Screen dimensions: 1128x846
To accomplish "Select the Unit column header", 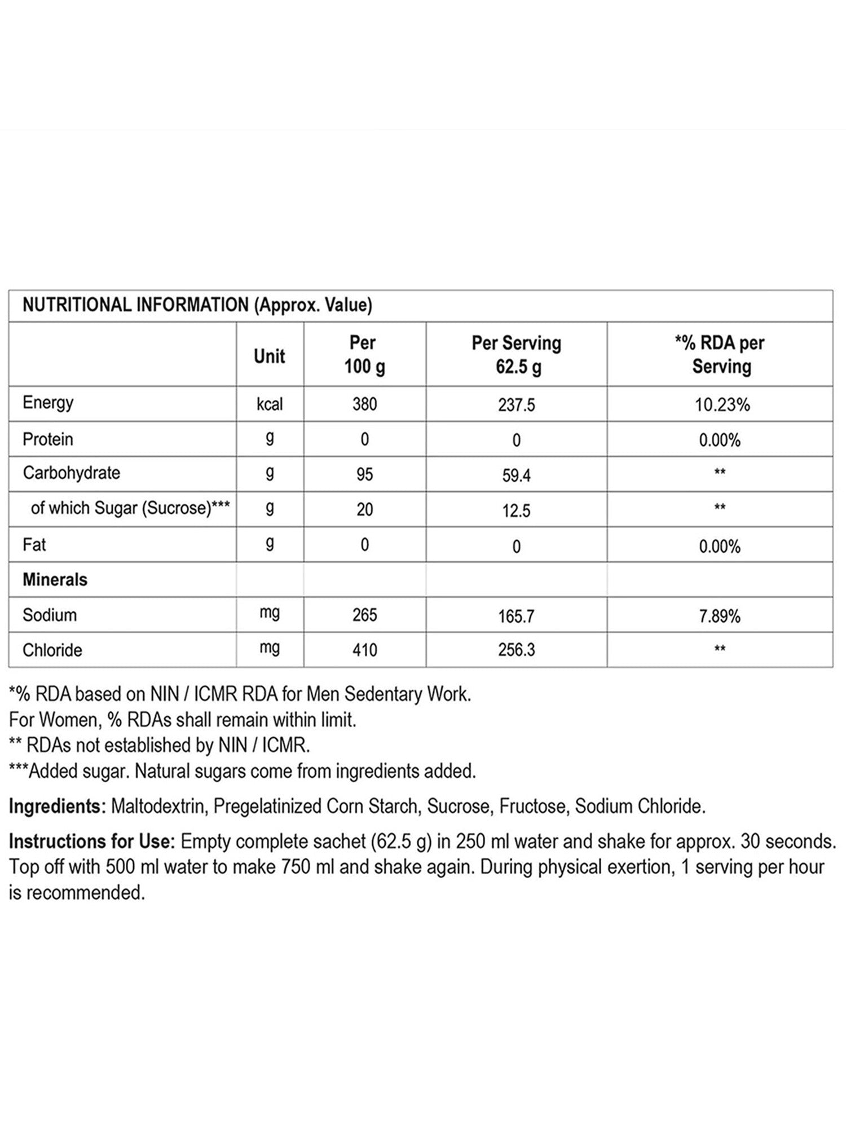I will [x=270, y=356].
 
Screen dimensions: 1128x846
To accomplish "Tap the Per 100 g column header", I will [x=364, y=355].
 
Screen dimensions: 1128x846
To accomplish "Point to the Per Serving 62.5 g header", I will [x=516, y=355].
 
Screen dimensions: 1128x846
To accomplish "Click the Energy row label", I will [x=48, y=403].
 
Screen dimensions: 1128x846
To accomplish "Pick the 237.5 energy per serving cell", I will [x=516, y=405].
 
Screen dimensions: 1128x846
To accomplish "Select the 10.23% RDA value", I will [x=722, y=405].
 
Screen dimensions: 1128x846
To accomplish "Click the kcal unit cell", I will [x=270, y=404].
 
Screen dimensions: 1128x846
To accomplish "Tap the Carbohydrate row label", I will [x=71, y=473].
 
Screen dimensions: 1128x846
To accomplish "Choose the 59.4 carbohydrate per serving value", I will [x=516, y=475].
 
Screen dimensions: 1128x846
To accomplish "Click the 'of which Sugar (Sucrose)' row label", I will [x=130, y=508].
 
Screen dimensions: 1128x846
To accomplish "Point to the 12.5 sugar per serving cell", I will [x=516, y=511].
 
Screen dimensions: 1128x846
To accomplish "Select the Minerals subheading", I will [x=55, y=580].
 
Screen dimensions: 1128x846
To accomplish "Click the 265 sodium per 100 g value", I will [x=364, y=615].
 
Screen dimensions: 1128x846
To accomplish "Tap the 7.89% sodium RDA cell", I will [x=720, y=616].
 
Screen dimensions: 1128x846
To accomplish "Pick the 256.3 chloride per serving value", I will [x=516, y=650].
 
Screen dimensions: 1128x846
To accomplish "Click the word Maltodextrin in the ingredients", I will [x=158, y=806].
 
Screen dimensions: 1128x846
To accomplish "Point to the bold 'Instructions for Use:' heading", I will [x=90, y=841].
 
